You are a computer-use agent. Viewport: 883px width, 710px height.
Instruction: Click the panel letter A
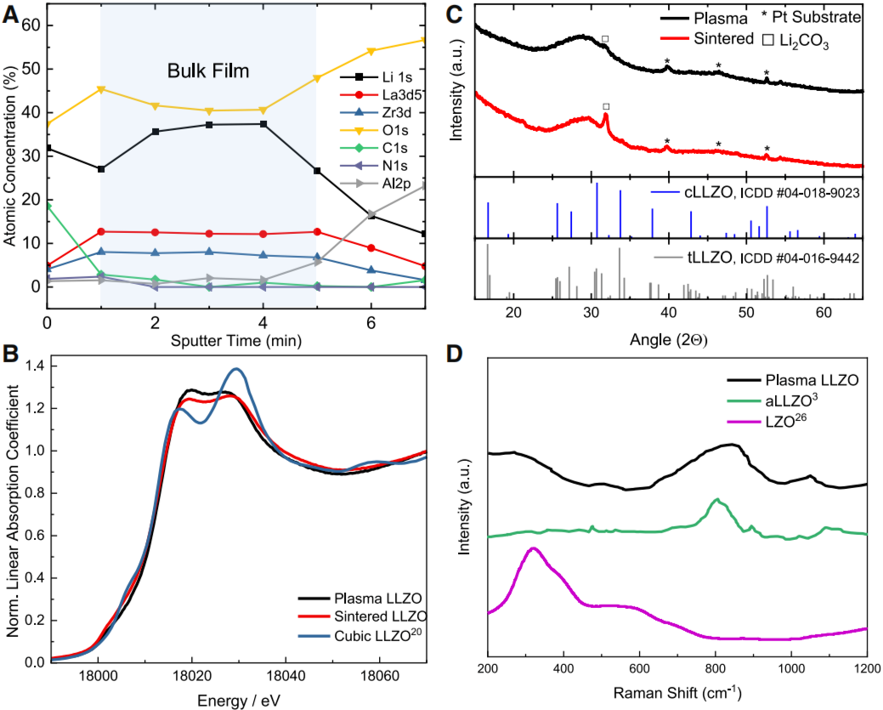tap(11, 14)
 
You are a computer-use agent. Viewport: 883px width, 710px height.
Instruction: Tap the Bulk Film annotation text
tap(208, 71)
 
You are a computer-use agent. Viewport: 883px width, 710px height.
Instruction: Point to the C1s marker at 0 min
tap(48, 207)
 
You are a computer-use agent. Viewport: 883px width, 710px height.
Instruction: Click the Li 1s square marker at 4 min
tap(263, 124)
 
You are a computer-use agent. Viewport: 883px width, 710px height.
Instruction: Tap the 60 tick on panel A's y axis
tap(29, 26)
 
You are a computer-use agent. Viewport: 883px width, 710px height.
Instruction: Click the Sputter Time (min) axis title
tap(236, 340)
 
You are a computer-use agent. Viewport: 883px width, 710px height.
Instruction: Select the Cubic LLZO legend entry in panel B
tap(359, 635)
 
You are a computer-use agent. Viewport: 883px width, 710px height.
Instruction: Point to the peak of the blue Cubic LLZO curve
tap(237, 368)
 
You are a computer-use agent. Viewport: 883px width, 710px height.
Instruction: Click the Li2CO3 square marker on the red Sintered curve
tap(606, 106)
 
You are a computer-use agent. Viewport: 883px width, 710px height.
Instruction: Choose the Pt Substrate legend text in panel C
tap(811, 17)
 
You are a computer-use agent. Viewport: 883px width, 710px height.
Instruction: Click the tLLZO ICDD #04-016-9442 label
tap(757, 258)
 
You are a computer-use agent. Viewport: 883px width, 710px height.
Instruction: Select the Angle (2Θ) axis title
tap(669, 340)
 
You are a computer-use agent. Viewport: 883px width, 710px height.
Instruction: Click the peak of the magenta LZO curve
tap(532, 548)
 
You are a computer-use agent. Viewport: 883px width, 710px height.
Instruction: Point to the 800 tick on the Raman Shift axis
tap(716, 668)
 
